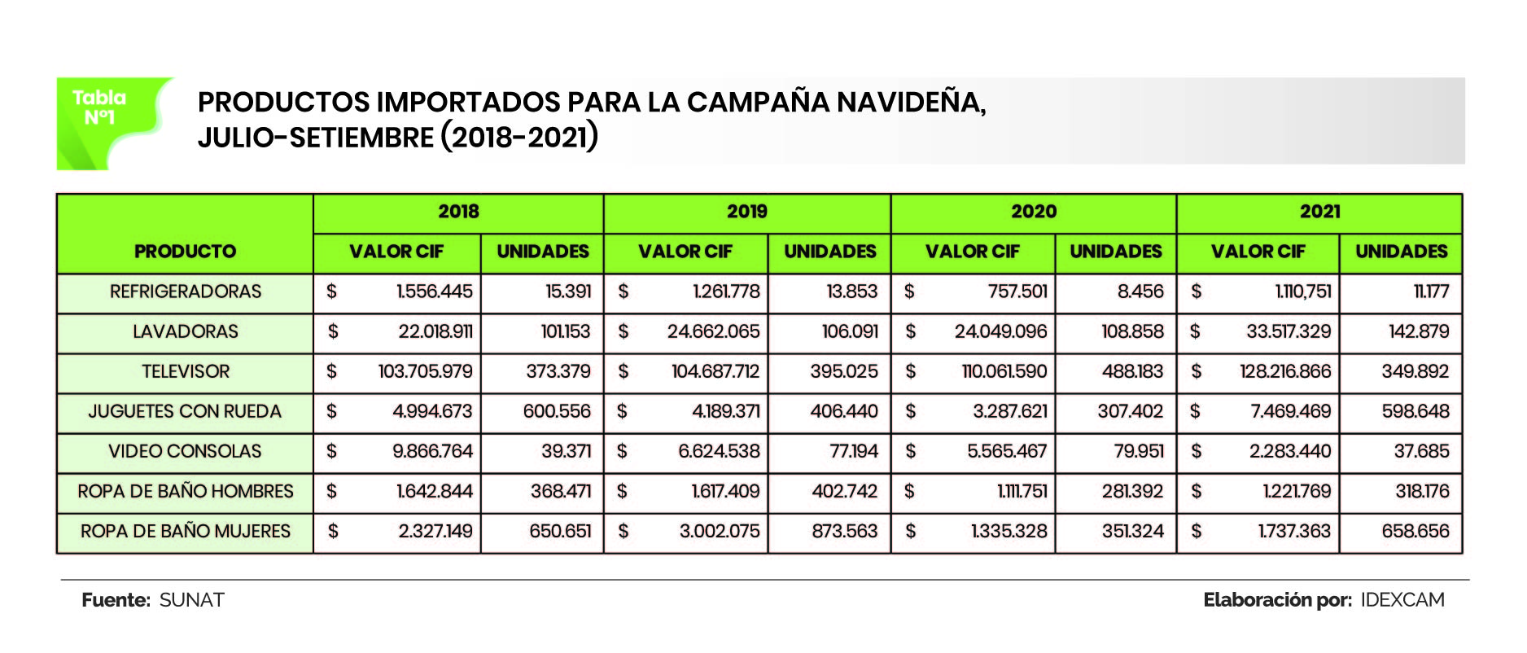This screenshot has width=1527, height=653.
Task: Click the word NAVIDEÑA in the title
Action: coord(911,103)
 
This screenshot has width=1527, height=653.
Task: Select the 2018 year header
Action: coord(458,212)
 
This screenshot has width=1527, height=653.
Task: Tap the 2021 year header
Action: coord(1319,212)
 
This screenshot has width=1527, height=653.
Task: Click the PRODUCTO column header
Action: coord(185,252)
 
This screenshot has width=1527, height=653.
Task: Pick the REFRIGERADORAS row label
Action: coord(186,291)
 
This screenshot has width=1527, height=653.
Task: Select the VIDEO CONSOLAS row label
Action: coord(185,451)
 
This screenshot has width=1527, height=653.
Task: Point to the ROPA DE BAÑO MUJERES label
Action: coord(185,532)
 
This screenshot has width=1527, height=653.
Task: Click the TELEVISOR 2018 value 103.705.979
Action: coord(425,371)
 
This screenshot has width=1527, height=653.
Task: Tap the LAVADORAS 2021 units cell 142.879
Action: coord(1419,331)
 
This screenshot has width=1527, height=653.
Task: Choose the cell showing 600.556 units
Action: coord(557,411)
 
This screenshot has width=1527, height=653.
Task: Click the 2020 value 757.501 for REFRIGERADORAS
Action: coord(1017,291)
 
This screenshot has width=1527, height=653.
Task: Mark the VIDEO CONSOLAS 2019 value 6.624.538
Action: coord(719,451)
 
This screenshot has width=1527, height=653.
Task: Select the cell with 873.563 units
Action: coord(844,532)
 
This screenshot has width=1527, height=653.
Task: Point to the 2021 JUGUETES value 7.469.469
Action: coord(1290,411)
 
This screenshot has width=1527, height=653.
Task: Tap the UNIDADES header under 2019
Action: coord(829,252)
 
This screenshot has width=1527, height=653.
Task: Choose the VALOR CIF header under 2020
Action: coord(972,252)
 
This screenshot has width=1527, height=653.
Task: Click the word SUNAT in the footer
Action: coord(191,600)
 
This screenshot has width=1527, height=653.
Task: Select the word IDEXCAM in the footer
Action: coord(1402,600)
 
